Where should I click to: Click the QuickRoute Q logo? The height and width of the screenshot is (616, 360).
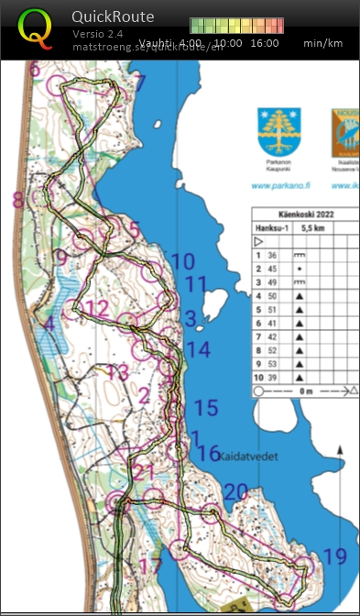[36, 29]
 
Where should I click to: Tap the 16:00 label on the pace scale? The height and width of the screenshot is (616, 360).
[264, 43]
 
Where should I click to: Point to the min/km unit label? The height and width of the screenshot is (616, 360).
[324, 43]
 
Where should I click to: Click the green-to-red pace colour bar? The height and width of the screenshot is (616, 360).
[233, 26]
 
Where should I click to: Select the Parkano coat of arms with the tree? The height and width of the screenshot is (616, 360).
[278, 132]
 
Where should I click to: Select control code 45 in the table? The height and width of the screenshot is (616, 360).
[271, 269]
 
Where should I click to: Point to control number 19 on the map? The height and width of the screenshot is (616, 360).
[335, 556]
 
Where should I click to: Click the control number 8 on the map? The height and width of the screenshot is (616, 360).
[17, 200]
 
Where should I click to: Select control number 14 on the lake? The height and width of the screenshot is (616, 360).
[198, 349]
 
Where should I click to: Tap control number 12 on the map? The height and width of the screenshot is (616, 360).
[97, 308]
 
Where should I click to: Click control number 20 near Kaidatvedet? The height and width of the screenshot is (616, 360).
[235, 492]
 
